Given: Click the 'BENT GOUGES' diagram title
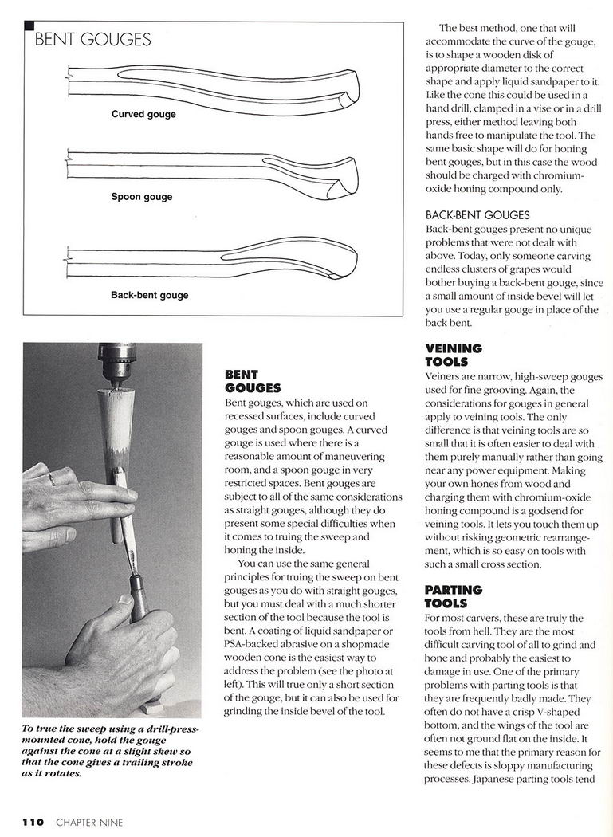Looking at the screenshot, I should pos(92,40).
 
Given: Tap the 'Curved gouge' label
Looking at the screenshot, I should pos(143,114).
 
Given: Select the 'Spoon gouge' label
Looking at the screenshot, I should pos(141,197).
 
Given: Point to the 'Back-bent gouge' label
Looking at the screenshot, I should pos(150,295).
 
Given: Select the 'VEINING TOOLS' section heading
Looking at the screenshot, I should pos(454,355).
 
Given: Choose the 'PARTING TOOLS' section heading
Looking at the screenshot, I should pos(454,596).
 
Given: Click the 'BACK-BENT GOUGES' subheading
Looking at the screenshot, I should pos(477,215).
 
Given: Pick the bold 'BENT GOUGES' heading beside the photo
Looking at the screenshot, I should pos(253,381).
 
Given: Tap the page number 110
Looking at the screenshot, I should pos(33,822).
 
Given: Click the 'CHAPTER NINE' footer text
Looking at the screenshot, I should pos(89,822).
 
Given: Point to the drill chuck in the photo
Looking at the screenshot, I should pos(116,363).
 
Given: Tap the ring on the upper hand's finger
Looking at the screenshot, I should pos(50,479).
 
